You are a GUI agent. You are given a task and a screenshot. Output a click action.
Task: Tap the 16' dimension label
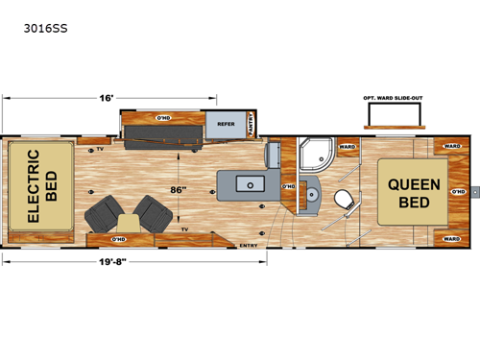(x=108, y=97)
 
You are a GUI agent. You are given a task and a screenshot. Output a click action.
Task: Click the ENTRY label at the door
(x=247, y=246)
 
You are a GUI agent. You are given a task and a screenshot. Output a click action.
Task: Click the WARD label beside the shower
(x=348, y=147)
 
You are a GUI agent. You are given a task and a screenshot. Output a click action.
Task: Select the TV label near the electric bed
(x=100, y=150)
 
